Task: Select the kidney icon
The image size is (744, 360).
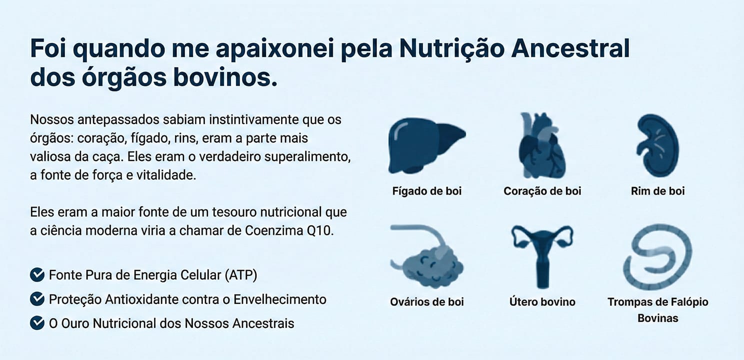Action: pyautogui.click(x=657, y=145)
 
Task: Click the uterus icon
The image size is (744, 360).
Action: pyautogui.click(x=542, y=255)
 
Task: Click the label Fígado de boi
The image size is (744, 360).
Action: pyautogui.click(x=427, y=191)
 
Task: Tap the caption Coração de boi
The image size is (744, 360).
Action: pyautogui.click(x=542, y=191)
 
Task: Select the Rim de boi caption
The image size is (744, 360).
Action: pyautogui.click(x=657, y=191)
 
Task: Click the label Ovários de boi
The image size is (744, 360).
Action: pyautogui.click(x=427, y=302)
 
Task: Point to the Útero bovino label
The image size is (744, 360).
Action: pyautogui.click(x=542, y=302)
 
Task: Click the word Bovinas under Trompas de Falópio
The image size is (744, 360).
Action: pyautogui.click(x=657, y=318)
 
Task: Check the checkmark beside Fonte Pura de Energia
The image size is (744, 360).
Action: pyautogui.click(x=37, y=274)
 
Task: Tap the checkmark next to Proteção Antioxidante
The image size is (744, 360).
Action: pyautogui.click(x=37, y=299)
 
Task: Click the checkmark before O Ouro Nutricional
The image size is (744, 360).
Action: pyautogui.click(x=37, y=323)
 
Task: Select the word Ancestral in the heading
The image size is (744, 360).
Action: pyautogui.click(x=570, y=48)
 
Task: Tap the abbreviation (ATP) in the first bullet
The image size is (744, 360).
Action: pyautogui.click(x=241, y=275)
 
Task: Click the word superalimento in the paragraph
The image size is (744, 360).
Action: pyautogui.click(x=307, y=157)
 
